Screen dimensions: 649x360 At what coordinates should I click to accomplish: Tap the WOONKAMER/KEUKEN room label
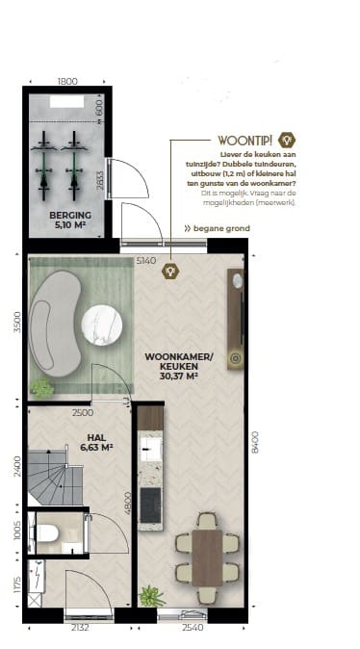point(171,366)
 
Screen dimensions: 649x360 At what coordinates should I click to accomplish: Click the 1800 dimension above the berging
point(66,83)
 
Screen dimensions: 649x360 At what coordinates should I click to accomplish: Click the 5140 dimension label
point(146,260)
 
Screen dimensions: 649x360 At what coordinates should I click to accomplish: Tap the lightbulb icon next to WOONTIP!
point(285,140)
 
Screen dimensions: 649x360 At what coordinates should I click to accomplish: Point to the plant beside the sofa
point(41,388)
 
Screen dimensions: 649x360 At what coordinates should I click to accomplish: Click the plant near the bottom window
point(151,597)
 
